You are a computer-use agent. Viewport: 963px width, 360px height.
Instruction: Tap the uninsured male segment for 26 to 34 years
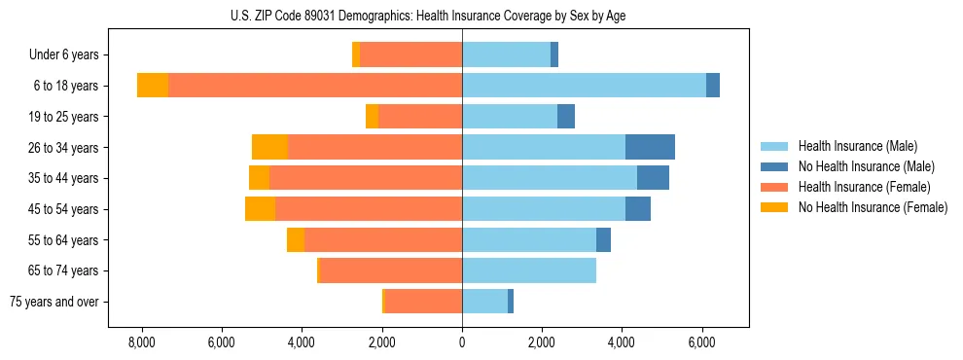650,147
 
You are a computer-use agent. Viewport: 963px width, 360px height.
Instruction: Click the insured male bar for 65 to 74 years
529,270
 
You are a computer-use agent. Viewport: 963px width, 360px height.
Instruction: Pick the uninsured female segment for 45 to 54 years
260,209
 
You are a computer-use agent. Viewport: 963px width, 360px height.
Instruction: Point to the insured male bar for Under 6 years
506,54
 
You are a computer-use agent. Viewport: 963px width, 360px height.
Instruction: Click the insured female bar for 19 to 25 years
420,117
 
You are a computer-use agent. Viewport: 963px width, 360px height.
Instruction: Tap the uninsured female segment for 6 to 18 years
153,86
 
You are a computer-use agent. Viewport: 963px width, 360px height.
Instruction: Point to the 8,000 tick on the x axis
142,342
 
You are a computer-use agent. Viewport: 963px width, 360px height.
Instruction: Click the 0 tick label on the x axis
462,342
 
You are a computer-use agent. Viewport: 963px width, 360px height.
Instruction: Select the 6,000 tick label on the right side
702,342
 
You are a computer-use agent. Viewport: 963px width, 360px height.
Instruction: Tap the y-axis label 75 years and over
54,302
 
